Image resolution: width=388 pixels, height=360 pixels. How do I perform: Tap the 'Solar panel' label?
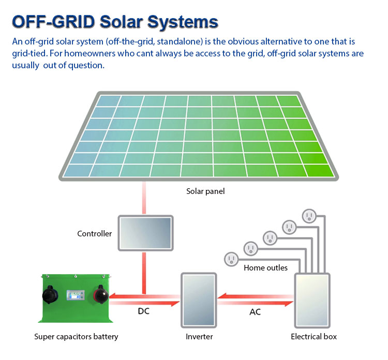pyautogui.click(x=205, y=191)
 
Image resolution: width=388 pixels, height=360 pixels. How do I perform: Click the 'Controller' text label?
pyautogui.click(x=94, y=234)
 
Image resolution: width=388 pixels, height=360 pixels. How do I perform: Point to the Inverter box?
pyautogui.click(x=198, y=300)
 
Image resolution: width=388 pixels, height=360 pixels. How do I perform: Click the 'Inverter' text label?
pyautogui.click(x=199, y=337)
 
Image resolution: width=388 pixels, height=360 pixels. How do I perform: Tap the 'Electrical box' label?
pyautogui.click(x=314, y=337)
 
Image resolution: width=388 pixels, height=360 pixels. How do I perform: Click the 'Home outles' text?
pyautogui.click(x=265, y=268)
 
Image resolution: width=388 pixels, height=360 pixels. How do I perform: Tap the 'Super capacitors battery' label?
pyautogui.click(x=76, y=337)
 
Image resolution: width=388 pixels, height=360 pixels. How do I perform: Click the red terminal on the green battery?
pyautogui.click(x=99, y=296)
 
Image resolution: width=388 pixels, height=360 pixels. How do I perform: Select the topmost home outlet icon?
pyautogui.click(x=309, y=215)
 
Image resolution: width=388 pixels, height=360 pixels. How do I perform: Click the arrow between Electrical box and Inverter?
pyautogui.click(x=255, y=298)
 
